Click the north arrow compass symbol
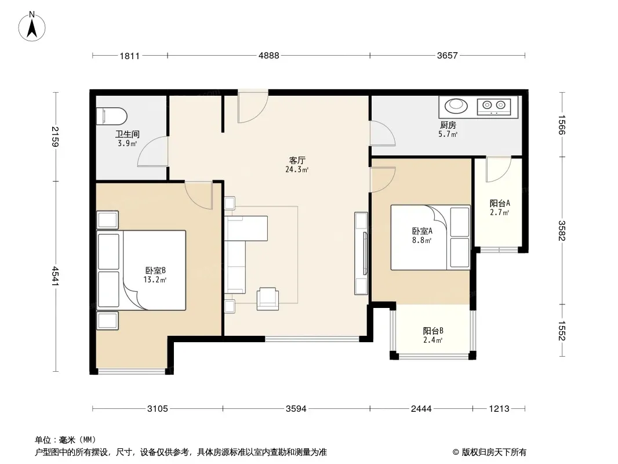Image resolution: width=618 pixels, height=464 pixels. (32, 26)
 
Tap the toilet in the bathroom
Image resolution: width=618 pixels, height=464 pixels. (112, 116)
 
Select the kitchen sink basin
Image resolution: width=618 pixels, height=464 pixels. (456, 105)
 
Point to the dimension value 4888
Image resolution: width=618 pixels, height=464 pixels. (269, 56)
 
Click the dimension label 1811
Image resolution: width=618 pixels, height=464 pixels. (130, 56)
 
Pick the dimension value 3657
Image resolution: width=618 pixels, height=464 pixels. (448, 56)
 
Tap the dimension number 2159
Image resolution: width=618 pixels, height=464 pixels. (55, 136)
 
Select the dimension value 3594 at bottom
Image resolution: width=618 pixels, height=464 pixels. (296, 409)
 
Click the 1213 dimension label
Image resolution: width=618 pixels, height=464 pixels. (499, 409)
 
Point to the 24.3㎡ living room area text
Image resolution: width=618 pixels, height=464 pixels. (297, 170)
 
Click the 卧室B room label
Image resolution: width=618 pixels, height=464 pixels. (155, 270)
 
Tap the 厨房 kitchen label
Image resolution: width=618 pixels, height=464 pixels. (448, 125)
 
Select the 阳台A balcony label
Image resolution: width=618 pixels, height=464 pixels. (500, 204)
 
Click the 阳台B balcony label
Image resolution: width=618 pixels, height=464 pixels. (433, 331)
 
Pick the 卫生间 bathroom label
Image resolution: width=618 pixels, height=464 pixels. (128, 135)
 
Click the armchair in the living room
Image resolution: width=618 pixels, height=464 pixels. (268, 299)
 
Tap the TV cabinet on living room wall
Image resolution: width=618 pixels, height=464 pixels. (361, 253)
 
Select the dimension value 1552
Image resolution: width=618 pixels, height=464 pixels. (561, 331)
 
